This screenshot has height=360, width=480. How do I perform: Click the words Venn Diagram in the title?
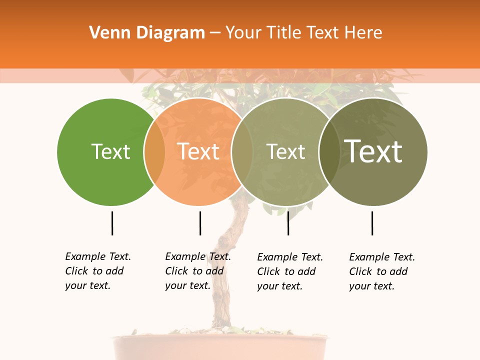[x=147, y=33]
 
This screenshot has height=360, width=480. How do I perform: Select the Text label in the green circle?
[x=110, y=151]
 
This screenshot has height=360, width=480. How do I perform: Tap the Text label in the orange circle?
[x=198, y=151]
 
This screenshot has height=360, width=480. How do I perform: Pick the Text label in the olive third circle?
[x=285, y=151]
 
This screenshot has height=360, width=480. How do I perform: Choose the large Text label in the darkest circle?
[x=373, y=151]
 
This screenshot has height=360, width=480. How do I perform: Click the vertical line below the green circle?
[x=112, y=223]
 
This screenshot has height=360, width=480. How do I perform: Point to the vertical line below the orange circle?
[x=200, y=223]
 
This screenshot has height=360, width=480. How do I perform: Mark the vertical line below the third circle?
[x=288, y=223]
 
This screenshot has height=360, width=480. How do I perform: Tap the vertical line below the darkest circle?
[x=372, y=223]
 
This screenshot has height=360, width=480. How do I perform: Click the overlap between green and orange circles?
[x=154, y=151]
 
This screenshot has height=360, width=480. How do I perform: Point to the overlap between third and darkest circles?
[x=329, y=151]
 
